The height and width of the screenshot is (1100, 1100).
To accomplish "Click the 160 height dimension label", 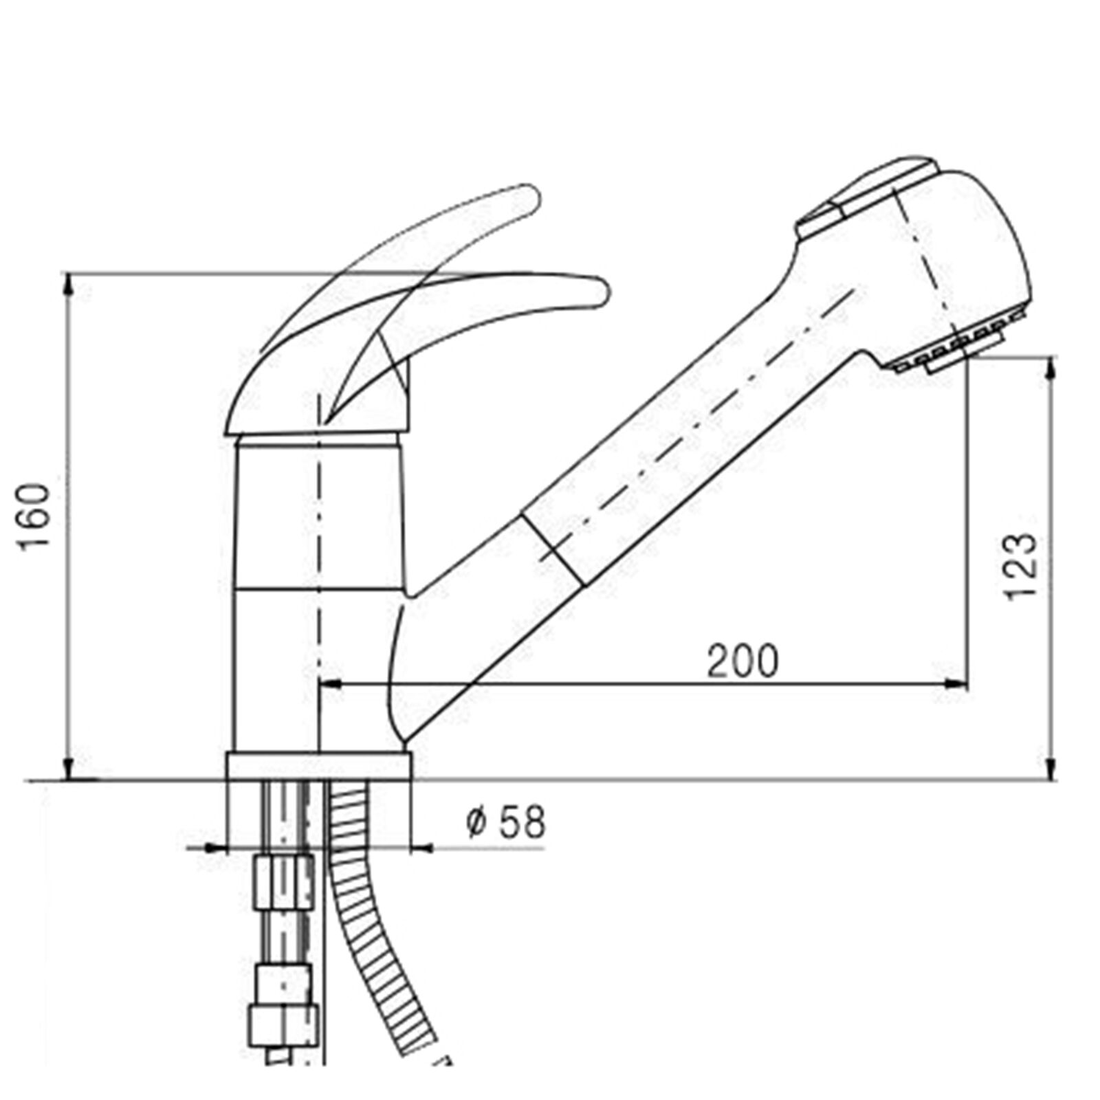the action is pos(35,515).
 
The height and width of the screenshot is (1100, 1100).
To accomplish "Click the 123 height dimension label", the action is pos(1020,565).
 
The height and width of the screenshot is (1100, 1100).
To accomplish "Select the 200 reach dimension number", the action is pos(743,661).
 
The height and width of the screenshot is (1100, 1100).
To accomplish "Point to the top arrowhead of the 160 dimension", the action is pos(69,284).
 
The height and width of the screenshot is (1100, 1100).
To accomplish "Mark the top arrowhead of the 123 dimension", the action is pos(1050,368).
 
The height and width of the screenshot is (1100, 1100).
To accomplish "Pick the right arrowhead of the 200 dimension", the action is pos(956,683).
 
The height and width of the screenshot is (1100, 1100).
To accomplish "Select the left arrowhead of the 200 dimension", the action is pos(332,683).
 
